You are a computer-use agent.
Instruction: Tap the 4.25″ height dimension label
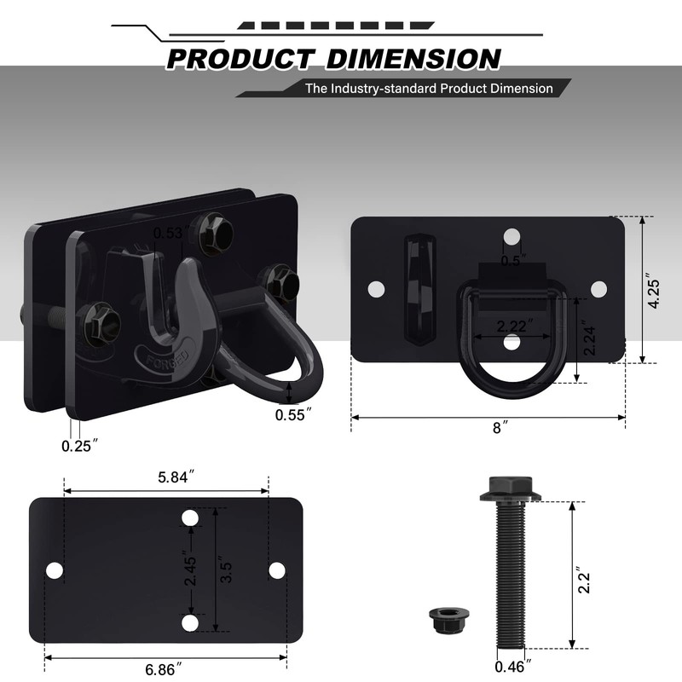654,292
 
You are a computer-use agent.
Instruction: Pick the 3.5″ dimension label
226,569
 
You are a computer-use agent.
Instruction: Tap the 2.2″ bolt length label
584,580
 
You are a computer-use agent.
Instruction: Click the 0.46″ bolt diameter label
513,667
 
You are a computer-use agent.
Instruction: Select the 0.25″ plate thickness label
79,446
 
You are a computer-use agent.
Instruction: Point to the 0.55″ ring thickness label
293,414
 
